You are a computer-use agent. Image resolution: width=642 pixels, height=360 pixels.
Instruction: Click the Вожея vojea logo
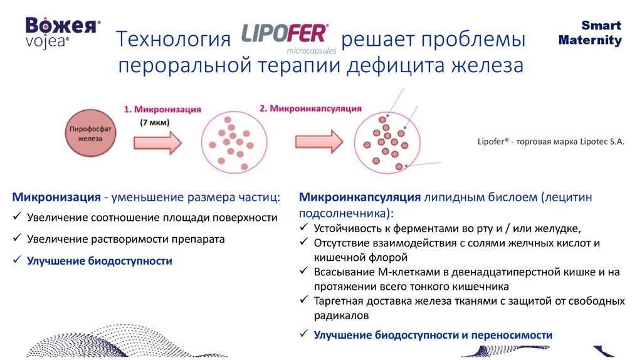click(x=62, y=31)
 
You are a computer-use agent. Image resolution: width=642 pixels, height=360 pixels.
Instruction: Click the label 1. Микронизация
click(x=162, y=109)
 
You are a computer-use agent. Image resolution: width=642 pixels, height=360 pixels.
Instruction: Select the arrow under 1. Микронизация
click(x=157, y=143)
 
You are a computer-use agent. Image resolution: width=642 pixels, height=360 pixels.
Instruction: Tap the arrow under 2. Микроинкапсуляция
click(x=318, y=142)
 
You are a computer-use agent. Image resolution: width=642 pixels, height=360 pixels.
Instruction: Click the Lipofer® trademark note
click(x=551, y=142)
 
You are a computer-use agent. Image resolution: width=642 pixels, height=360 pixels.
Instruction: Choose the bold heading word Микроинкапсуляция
click(x=359, y=198)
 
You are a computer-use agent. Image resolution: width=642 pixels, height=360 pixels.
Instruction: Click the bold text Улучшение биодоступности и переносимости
click(x=433, y=336)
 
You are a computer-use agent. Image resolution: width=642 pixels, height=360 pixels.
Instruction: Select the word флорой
click(x=391, y=257)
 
